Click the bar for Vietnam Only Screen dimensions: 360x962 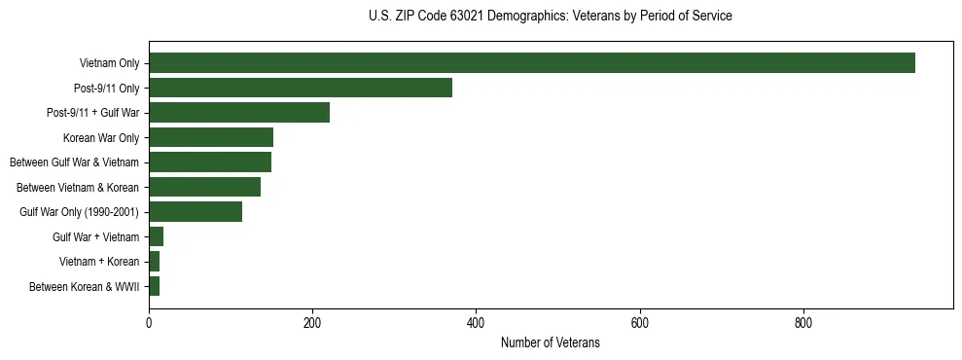[x=531, y=63]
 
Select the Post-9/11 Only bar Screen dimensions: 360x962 [x=301, y=88]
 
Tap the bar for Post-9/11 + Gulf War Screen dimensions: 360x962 [x=239, y=113]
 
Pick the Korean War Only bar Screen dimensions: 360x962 [x=211, y=137]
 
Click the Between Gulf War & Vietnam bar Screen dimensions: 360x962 [x=210, y=162]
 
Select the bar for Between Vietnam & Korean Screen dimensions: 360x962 [x=204, y=187]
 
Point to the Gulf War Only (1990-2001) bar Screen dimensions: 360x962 [x=196, y=211]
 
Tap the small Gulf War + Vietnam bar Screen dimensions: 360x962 [x=157, y=236]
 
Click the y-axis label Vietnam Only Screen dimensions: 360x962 [x=109, y=64]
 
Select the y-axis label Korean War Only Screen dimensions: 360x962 [x=101, y=138]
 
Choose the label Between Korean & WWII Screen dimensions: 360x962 [x=85, y=286]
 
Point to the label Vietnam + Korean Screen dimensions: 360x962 [x=99, y=262]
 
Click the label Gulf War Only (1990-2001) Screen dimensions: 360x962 [x=80, y=212]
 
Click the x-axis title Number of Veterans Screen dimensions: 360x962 [x=550, y=343]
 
